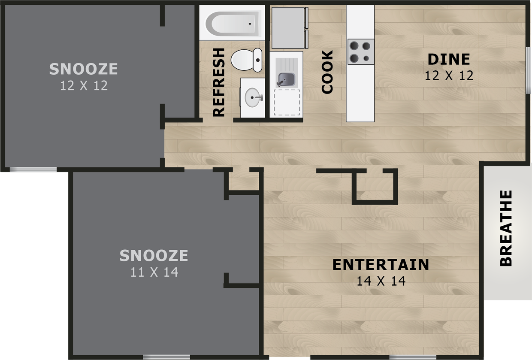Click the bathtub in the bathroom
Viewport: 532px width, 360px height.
pyautogui.click(x=233, y=23)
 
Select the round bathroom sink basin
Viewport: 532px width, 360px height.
pyautogui.click(x=253, y=98)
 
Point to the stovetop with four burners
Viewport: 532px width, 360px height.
pyautogui.click(x=360, y=51)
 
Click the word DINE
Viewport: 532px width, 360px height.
pyautogui.click(x=449, y=59)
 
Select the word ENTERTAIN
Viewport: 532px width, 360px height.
pyautogui.click(x=381, y=265)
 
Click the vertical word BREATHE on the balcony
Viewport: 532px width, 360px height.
pyautogui.click(x=506, y=228)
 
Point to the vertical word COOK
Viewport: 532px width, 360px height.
pyautogui.click(x=327, y=72)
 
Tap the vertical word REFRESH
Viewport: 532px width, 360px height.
pyautogui.click(x=219, y=82)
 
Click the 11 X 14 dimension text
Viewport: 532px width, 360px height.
pyautogui.click(x=154, y=272)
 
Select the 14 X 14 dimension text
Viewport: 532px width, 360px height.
pyautogui.click(x=381, y=281)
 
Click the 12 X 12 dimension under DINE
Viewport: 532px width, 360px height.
pyautogui.click(x=449, y=76)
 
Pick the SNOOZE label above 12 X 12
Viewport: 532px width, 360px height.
pyautogui.click(x=83, y=69)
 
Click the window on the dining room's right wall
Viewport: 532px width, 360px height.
pyautogui.click(x=528, y=70)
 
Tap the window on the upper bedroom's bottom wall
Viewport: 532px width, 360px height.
pyautogui.click(x=33, y=169)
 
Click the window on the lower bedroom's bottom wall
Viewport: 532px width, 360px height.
pyautogui.click(x=166, y=357)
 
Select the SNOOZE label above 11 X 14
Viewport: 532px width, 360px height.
pyautogui.click(x=154, y=256)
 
